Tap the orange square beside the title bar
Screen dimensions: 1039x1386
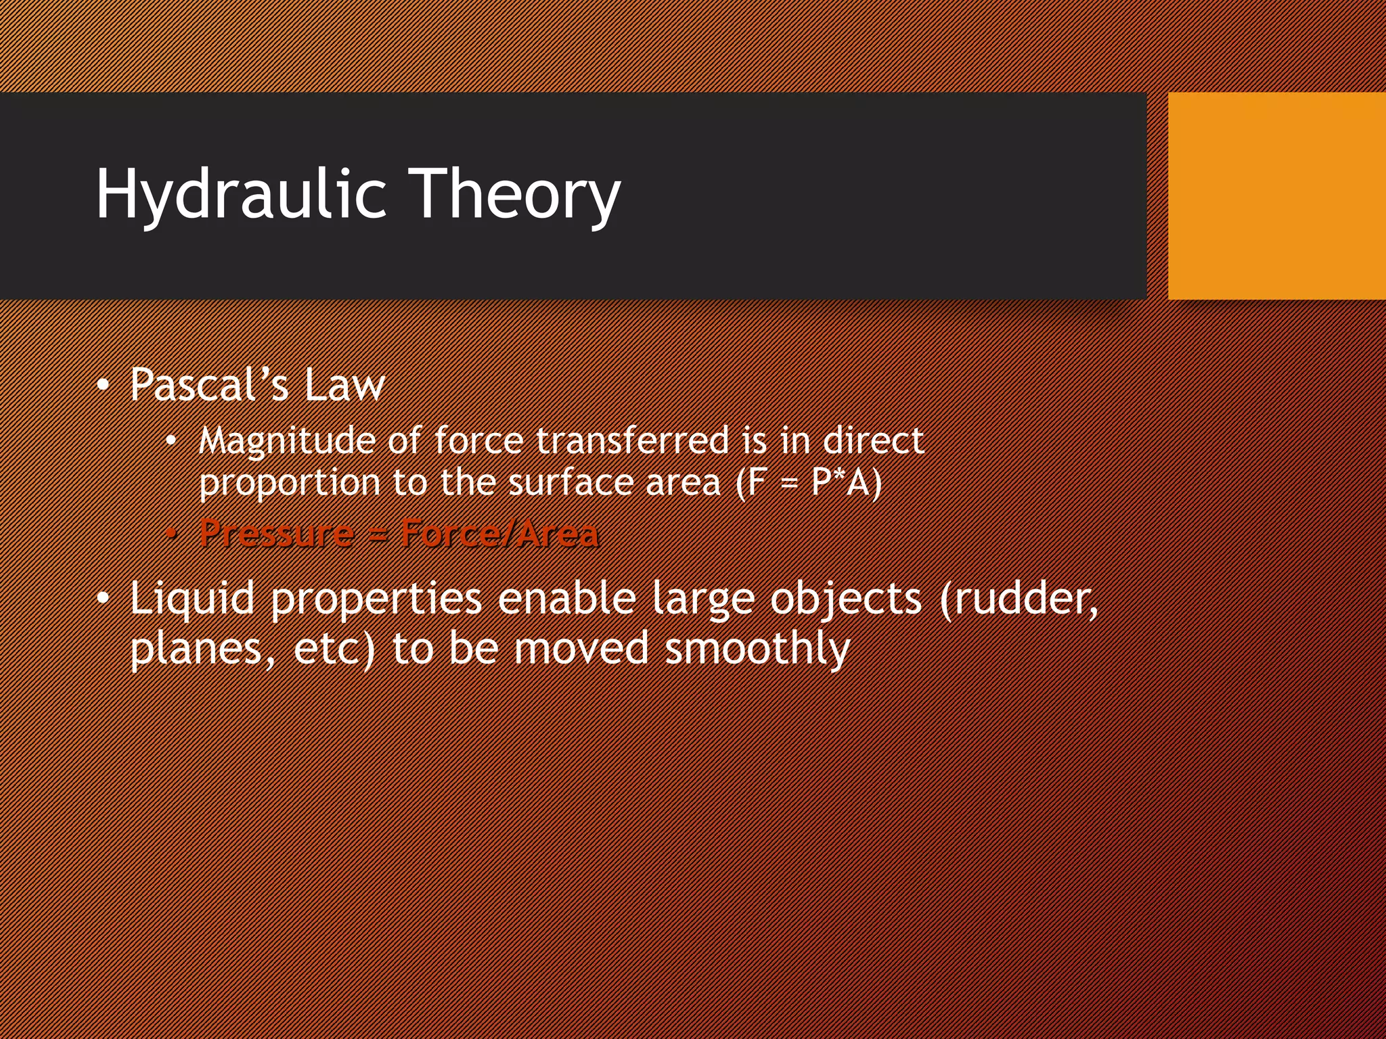point(1276,196)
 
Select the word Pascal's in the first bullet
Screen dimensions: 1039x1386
point(209,385)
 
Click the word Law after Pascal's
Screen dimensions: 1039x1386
point(344,385)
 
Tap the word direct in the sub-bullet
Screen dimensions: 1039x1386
point(872,440)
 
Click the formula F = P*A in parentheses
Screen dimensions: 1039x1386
point(809,483)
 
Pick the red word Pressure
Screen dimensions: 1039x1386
point(276,533)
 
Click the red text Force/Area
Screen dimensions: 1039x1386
point(499,533)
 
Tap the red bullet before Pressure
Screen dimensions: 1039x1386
point(172,534)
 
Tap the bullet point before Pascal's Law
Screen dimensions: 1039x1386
point(102,386)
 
